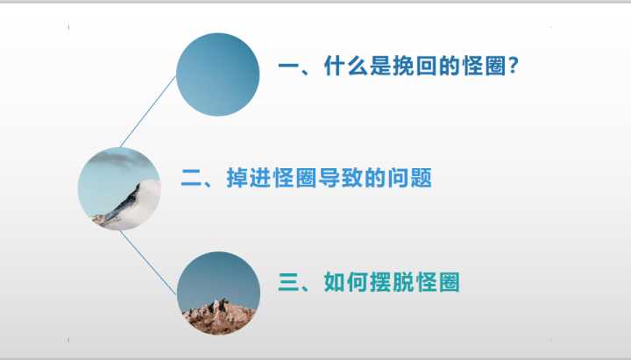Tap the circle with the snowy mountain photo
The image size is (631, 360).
119,189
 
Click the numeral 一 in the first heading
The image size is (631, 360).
288,68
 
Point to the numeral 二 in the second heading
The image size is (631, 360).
191,180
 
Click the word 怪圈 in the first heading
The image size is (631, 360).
480,68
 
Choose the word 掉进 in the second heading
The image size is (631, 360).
248,180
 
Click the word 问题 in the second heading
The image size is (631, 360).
412,180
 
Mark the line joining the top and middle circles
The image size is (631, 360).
148,110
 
